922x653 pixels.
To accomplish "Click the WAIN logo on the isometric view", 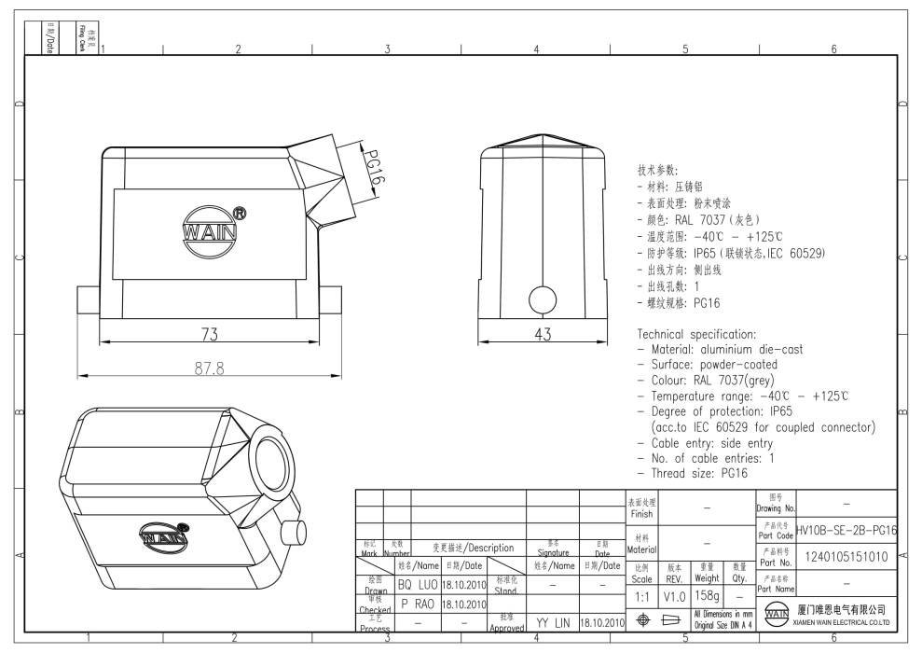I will (x=162, y=536).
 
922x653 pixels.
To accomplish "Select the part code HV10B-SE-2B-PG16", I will (x=846, y=530).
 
